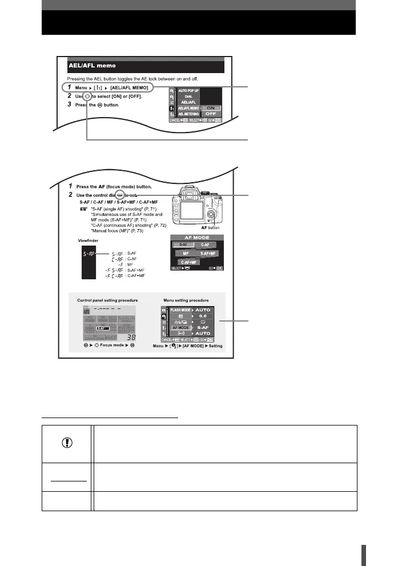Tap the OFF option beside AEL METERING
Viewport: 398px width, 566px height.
coord(211,114)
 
